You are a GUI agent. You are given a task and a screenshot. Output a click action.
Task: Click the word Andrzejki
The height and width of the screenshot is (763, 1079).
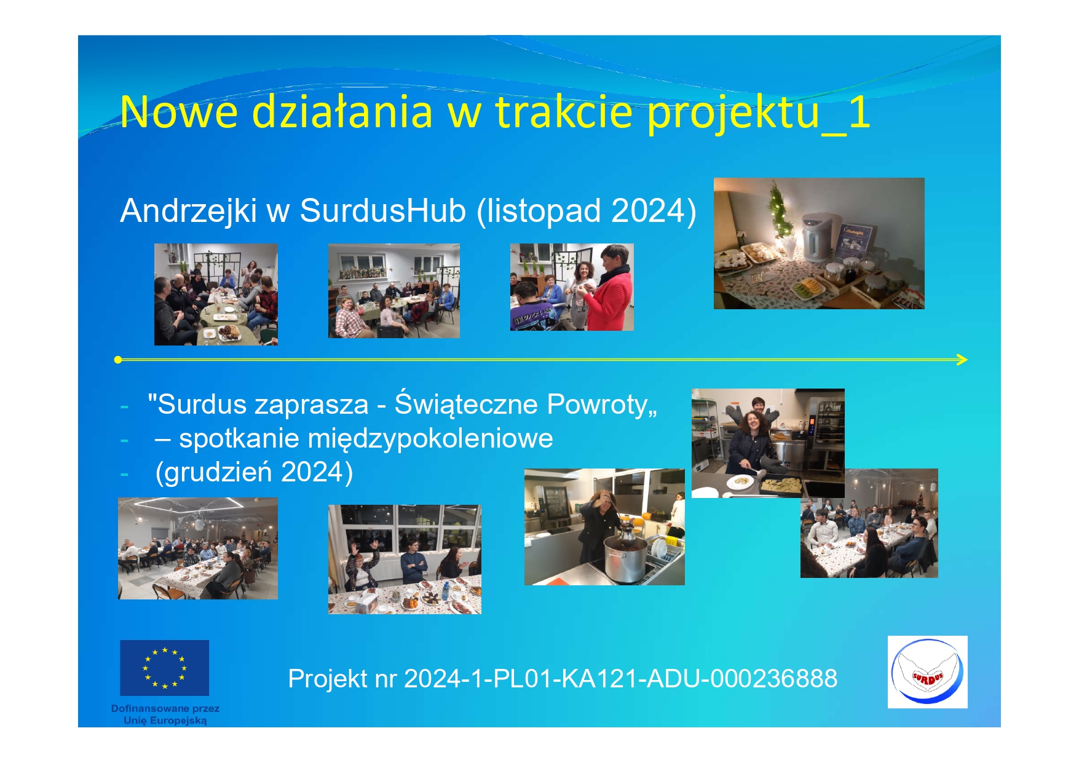point(188,210)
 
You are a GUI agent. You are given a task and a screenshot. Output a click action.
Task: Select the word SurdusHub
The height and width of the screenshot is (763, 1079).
point(383,210)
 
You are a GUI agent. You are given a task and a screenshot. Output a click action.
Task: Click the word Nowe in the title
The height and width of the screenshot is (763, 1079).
point(178,112)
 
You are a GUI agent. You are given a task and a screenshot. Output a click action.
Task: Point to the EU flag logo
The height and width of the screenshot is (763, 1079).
point(164,668)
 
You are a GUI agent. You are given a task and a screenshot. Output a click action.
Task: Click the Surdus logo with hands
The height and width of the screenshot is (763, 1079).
point(927,672)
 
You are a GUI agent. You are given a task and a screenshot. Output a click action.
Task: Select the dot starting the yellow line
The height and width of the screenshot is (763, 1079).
point(118,360)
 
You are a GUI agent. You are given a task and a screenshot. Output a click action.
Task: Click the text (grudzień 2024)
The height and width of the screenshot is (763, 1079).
point(254,472)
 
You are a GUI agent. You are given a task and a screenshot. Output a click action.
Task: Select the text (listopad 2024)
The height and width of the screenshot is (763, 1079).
point(586,211)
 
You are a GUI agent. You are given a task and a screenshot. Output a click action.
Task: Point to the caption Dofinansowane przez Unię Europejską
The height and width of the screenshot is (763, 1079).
point(165,714)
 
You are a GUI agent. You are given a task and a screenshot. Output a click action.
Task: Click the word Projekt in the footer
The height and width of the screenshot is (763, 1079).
point(328,679)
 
